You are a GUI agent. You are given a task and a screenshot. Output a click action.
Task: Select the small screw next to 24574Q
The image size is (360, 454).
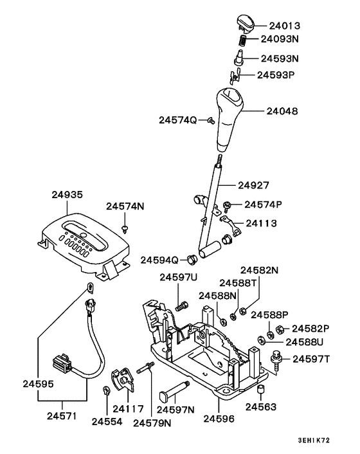pos(210,120)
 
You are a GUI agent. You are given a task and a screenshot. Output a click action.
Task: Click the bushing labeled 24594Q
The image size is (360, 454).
pos(190,260)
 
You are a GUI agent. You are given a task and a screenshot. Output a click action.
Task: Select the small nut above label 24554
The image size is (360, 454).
pos(106,391)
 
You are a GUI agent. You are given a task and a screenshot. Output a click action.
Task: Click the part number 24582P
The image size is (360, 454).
pos(310,328)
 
